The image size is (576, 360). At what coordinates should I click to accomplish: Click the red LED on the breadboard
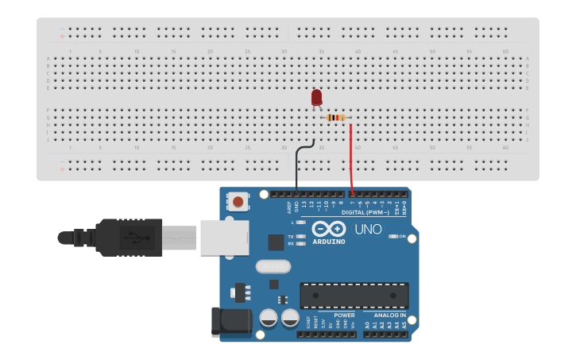click(316, 98)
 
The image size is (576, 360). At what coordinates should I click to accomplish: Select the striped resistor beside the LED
click(337, 118)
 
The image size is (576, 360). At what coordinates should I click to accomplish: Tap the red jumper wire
click(351, 159)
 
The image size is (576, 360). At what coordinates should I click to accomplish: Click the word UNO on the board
click(368, 229)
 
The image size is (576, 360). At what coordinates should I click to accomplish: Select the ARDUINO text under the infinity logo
click(329, 241)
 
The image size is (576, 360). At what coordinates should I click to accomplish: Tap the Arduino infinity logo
click(329, 229)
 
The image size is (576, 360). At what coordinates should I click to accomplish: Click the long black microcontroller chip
click(354, 296)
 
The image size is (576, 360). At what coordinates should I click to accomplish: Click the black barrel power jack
click(231, 322)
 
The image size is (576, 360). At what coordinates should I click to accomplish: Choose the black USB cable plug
click(127, 237)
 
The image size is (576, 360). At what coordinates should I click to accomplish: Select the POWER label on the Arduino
click(344, 315)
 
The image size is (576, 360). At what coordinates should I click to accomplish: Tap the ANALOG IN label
click(390, 315)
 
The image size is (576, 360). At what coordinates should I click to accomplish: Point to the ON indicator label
click(403, 237)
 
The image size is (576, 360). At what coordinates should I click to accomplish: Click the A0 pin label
click(366, 325)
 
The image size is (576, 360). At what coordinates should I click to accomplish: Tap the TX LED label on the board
click(291, 237)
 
